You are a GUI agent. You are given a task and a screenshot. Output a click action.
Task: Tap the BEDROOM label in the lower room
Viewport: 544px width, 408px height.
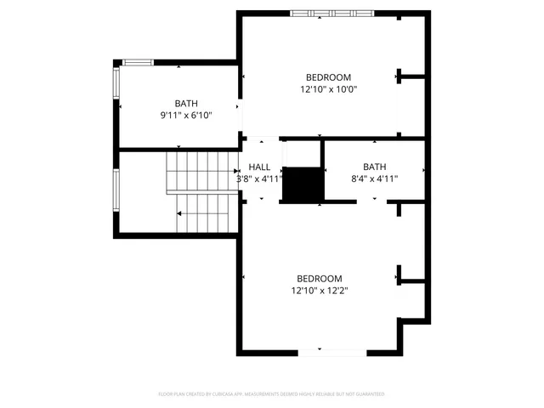[x=319, y=279]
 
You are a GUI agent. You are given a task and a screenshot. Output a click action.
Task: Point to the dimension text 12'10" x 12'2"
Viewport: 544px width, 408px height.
[x=319, y=290]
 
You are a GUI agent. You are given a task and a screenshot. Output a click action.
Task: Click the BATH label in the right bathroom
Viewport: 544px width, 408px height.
[x=374, y=167]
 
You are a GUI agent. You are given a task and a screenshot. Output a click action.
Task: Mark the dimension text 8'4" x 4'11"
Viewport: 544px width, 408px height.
[x=374, y=178]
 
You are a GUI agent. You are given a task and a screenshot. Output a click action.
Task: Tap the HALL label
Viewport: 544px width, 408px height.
[x=259, y=167]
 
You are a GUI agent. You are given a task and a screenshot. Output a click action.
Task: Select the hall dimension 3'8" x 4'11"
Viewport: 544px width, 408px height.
[x=259, y=179]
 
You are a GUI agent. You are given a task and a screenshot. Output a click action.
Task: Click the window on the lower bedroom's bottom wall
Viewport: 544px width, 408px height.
[x=332, y=351]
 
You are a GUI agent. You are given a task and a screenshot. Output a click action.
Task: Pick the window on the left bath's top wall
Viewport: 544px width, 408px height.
[x=137, y=62]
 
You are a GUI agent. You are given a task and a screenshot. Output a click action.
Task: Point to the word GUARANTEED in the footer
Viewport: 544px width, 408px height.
[x=368, y=394]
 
